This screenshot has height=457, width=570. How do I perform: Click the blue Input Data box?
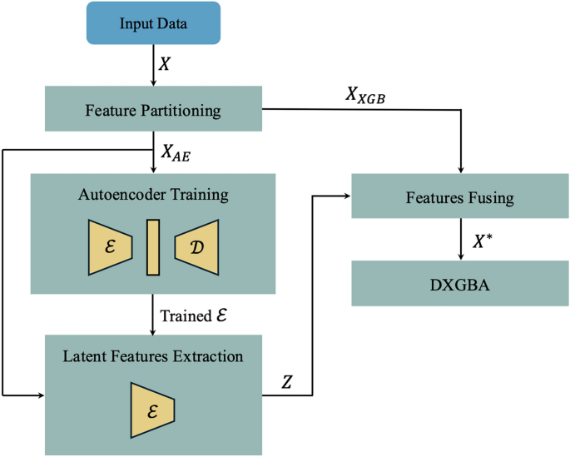point(153,22)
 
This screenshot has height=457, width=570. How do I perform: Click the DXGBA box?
point(459,282)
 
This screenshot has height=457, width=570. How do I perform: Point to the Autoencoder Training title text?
point(153,196)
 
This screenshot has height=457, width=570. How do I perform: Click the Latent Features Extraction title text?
point(153,356)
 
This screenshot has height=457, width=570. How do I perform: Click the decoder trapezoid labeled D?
point(196,246)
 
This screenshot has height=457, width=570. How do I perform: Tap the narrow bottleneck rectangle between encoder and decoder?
point(153,246)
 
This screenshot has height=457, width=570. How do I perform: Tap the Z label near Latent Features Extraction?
point(288,381)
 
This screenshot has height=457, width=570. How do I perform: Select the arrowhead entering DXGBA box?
point(459,256)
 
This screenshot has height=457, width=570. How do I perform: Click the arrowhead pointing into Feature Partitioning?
point(153,82)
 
